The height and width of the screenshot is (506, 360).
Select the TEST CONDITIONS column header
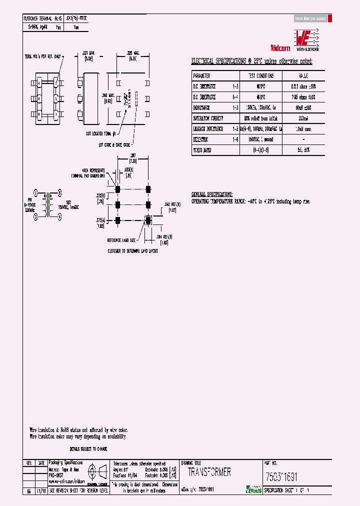(257, 76)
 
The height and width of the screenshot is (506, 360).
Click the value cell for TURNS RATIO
(303, 149)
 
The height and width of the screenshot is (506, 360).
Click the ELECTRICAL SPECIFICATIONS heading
(251, 61)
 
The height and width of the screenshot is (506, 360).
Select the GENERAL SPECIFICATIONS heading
(212, 193)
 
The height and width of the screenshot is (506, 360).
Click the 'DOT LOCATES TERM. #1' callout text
(101, 133)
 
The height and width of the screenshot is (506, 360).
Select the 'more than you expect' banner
(310, 18)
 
